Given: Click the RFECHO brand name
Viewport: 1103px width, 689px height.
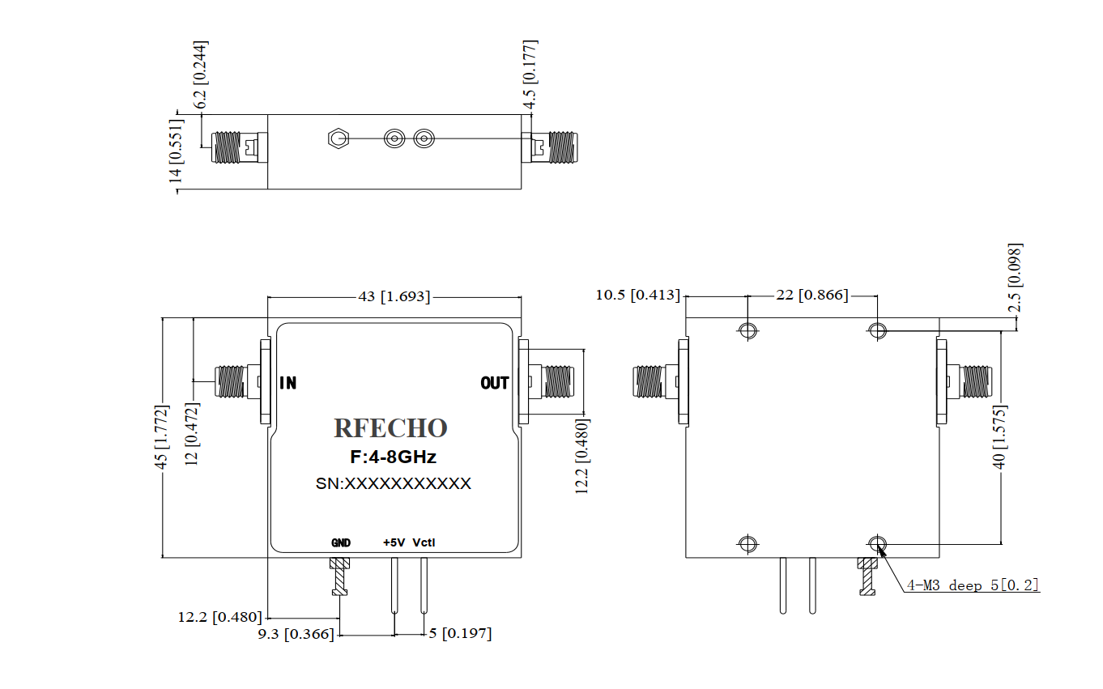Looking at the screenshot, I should click(390, 428).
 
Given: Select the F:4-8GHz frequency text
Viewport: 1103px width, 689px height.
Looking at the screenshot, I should click(394, 457).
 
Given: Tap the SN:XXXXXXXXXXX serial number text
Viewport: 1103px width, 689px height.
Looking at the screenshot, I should click(393, 483).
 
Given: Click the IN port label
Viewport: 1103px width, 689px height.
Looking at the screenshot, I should click(287, 383).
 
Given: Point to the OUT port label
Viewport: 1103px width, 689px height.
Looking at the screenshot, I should click(495, 383).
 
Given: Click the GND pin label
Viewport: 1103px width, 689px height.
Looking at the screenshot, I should click(340, 542).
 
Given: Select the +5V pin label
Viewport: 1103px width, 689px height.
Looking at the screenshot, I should click(394, 542).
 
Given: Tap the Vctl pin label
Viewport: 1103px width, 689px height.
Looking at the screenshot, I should click(424, 542).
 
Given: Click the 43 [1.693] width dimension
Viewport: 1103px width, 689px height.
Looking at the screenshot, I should click(394, 296).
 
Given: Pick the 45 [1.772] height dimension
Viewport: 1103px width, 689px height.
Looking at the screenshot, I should click(162, 437).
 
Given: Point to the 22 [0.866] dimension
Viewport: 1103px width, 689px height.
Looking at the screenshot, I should click(811, 296).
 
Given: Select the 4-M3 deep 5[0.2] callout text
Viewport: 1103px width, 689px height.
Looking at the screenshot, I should click(972, 585).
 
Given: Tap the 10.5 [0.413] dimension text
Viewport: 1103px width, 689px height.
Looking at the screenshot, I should click(637, 295).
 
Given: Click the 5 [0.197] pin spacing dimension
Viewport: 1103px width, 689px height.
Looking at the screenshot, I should click(459, 633).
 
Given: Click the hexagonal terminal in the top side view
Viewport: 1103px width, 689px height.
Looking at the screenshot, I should click(337, 139).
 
